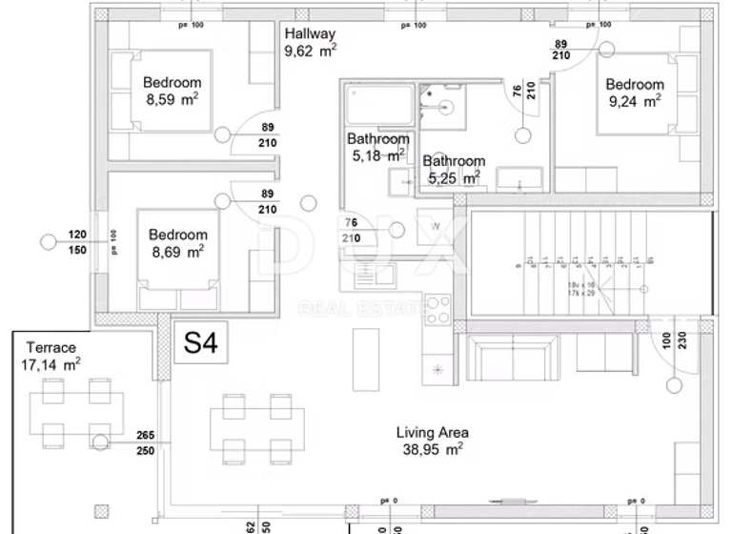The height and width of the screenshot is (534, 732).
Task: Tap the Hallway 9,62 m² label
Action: coord(310,43)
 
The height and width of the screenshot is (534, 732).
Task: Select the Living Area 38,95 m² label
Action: coord(432,440)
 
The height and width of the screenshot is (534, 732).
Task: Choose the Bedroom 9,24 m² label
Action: coord(634,92)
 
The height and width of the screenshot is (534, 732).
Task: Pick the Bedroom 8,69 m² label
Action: coord(177,243)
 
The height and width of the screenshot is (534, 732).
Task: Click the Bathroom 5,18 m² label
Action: coord(377,146)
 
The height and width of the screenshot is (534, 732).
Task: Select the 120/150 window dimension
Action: coord(76,241)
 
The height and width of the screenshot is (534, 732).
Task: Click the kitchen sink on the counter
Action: coord(373,274)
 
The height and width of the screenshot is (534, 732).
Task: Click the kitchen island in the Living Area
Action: coord(363,353)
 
